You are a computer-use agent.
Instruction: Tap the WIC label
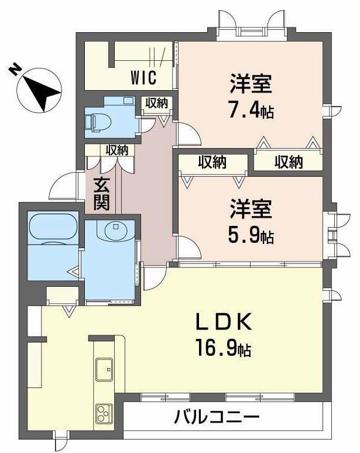[142, 77]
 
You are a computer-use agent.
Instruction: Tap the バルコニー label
[217, 418]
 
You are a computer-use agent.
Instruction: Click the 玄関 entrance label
[101, 195]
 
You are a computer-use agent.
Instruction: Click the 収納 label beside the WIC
[157, 103]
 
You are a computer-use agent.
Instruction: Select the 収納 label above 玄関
[117, 150]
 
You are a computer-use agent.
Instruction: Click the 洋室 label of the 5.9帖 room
[250, 209]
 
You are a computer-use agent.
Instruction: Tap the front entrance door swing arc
[63, 186]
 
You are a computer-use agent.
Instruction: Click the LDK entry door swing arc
[154, 277]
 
